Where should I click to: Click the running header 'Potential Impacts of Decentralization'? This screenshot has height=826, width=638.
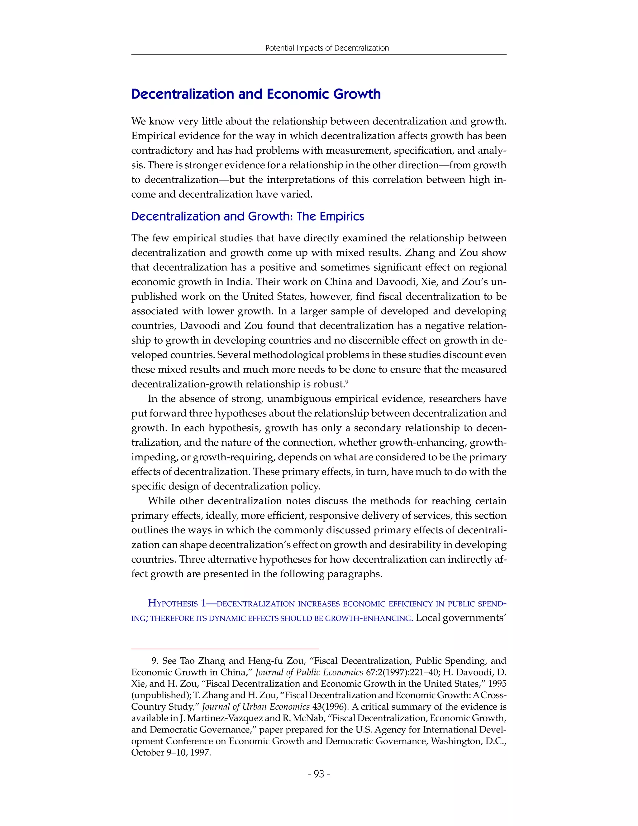point(327,48)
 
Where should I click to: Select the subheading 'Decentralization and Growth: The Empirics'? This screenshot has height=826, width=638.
point(248,216)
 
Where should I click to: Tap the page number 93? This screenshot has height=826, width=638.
point(319,774)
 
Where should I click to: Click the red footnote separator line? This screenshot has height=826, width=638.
point(225,649)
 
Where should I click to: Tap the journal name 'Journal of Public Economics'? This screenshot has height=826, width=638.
point(309,672)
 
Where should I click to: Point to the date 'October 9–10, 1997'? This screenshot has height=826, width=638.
point(171,753)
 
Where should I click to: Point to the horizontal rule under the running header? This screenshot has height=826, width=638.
point(319,55)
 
